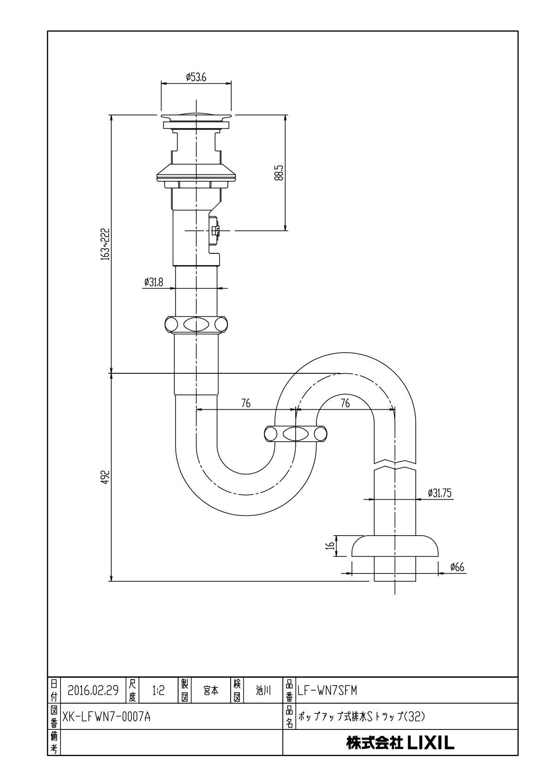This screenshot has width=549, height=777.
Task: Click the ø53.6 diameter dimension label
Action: (x=196, y=78)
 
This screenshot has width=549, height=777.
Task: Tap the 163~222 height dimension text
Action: (x=106, y=244)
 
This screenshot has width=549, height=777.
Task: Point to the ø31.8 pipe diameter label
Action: (x=154, y=282)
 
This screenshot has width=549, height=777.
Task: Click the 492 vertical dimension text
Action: (x=105, y=477)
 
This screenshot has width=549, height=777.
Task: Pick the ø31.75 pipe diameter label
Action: (x=440, y=493)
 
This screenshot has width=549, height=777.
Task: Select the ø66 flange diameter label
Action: (x=457, y=568)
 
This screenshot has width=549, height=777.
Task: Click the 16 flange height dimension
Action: (x=330, y=545)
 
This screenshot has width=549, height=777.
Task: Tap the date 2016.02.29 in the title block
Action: (x=93, y=690)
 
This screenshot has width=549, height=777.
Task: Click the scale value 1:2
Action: (x=158, y=690)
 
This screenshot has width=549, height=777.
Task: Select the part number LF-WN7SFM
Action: (x=327, y=690)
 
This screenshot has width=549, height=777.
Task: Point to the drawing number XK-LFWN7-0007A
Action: (x=107, y=717)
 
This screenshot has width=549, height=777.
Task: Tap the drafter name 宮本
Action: (x=211, y=690)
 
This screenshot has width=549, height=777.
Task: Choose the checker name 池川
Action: (x=263, y=690)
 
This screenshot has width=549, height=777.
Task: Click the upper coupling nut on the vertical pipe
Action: (x=196, y=324)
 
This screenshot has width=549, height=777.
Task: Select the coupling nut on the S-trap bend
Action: (x=296, y=434)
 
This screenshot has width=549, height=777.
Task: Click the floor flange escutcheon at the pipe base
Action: (x=395, y=546)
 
